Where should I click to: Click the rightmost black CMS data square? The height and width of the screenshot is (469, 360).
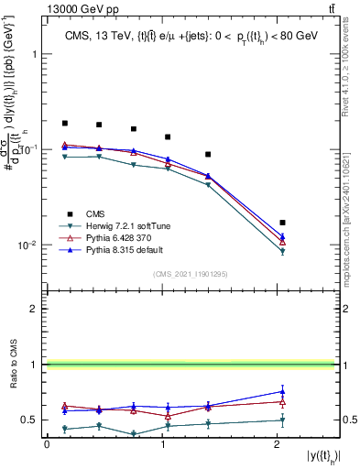(282, 223)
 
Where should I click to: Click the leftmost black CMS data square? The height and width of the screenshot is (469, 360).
(65, 123)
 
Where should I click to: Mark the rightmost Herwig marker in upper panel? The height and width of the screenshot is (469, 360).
(282, 251)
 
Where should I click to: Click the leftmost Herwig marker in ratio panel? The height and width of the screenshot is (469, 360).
(65, 429)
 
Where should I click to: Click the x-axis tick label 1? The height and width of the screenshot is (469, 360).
(162, 444)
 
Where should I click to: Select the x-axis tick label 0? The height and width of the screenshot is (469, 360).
(47, 444)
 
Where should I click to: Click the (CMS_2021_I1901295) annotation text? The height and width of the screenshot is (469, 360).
(190, 274)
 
